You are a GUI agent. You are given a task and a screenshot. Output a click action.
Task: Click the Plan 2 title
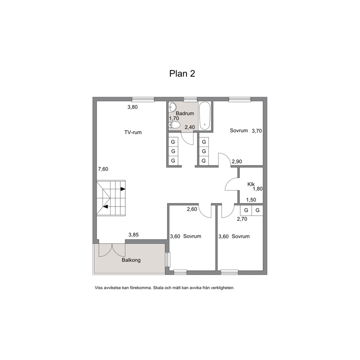[x=182, y=74]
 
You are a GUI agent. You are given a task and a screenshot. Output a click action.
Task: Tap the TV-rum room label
[x=133, y=132]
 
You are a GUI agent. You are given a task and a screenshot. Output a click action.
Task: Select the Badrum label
[x=185, y=114]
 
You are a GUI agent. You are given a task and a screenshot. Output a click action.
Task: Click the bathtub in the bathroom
[x=205, y=116]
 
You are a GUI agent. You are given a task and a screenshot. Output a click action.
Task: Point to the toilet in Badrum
[x=174, y=125]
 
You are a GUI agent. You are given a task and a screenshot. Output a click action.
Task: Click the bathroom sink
[x=172, y=107]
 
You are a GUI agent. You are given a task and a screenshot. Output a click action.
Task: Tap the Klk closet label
[x=251, y=184]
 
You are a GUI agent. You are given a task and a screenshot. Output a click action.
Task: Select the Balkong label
[x=131, y=260]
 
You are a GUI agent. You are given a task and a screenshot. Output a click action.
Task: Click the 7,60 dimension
[x=103, y=169]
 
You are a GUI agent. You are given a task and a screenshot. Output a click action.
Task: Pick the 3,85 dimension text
[x=134, y=235]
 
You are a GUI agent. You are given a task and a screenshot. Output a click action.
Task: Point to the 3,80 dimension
[x=132, y=107]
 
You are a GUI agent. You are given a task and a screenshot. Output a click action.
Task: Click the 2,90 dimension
[x=237, y=161]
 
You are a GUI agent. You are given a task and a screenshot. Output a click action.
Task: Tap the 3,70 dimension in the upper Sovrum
[x=257, y=131]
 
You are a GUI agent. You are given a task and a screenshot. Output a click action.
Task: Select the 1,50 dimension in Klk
[x=251, y=200]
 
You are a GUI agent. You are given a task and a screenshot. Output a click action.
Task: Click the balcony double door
[x=112, y=250]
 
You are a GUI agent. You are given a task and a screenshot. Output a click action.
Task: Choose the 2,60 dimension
[x=192, y=209]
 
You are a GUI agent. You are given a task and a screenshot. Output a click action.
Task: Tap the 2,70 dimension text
[x=242, y=219]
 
